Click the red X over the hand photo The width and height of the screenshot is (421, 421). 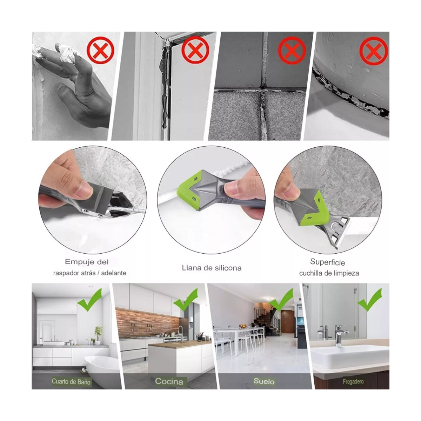coord(100,50)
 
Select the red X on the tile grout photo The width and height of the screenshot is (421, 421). coord(292,51)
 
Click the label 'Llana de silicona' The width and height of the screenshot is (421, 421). coord(212,268)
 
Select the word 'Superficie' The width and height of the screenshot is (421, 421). coord(327,262)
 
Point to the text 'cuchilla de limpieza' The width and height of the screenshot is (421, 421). coord(329,273)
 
